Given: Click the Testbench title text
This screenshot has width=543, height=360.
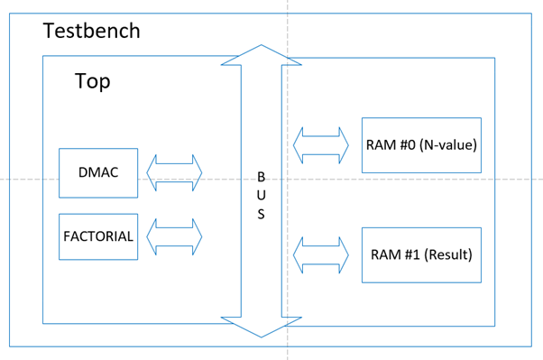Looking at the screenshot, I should [x=91, y=31].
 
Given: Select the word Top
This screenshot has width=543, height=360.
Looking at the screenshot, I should [x=93, y=81].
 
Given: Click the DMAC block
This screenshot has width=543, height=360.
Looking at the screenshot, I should [x=98, y=172].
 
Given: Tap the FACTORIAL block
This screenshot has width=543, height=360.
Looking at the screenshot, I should [x=98, y=237].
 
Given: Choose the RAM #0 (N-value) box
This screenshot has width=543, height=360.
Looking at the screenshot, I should [x=421, y=144].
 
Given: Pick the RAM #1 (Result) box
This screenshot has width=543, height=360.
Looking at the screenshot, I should [x=421, y=254].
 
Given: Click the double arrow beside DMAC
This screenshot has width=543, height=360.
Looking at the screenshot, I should [x=175, y=172].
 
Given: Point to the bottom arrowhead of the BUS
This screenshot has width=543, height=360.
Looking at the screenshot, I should [x=261, y=327].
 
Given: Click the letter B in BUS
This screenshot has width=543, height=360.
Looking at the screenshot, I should [x=262, y=178].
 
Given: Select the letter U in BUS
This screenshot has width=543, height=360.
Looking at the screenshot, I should [x=262, y=196].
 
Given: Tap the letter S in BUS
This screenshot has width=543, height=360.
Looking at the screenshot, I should [x=262, y=214].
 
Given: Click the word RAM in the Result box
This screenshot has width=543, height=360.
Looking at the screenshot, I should [x=382, y=254].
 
